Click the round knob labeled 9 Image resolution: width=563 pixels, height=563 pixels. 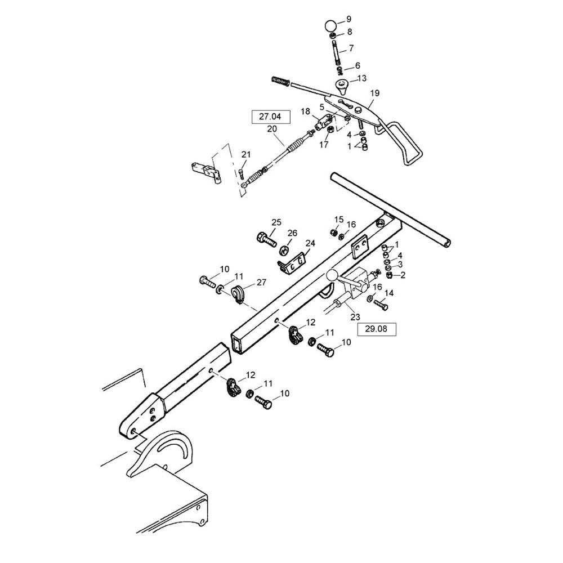(x=330, y=26)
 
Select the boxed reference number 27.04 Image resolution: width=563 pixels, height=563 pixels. (x=270, y=117)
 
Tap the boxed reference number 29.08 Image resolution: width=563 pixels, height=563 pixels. (x=376, y=329)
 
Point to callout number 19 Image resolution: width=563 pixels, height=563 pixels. (x=374, y=93)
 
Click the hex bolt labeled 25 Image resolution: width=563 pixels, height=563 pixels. (x=266, y=239)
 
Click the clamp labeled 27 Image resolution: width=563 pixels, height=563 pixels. (x=237, y=293)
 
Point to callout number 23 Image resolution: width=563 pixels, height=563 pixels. (x=355, y=317)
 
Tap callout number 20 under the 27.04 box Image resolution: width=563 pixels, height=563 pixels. (x=272, y=129)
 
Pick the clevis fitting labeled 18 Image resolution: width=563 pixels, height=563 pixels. (x=323, y=122)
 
